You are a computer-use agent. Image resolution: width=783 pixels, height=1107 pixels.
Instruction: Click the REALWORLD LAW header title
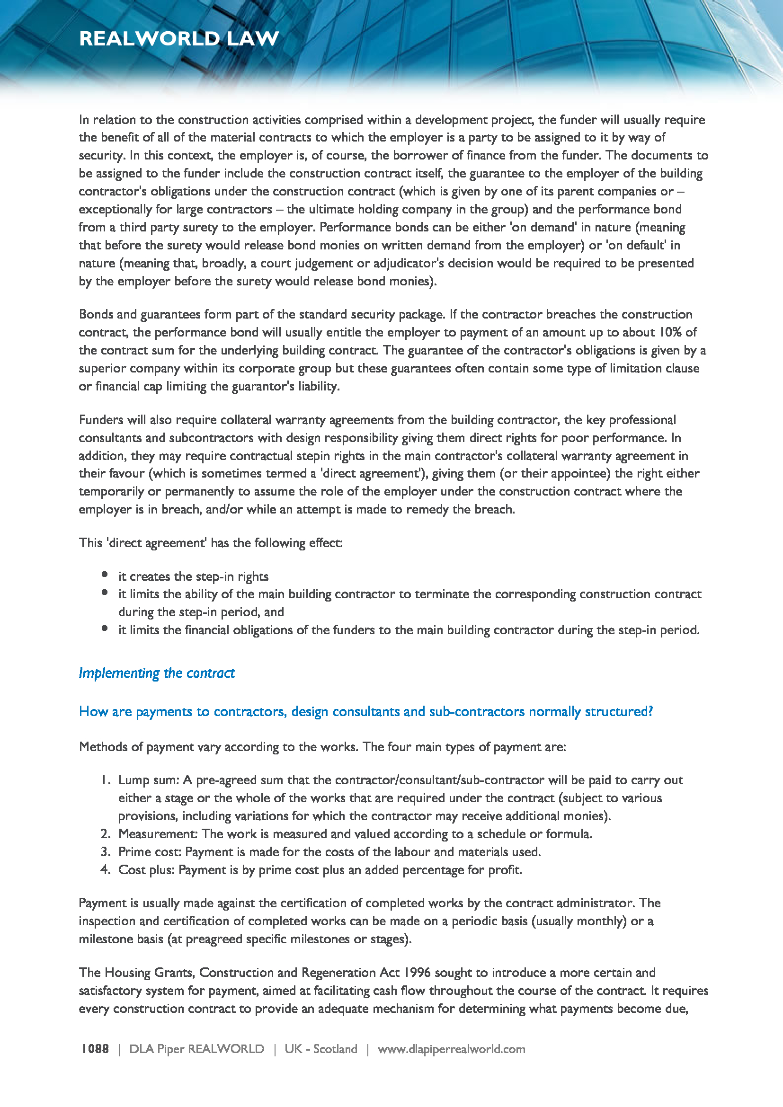click(x=179, y=38)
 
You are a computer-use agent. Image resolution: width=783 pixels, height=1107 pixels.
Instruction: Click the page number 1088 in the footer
click(x=95, y=1049)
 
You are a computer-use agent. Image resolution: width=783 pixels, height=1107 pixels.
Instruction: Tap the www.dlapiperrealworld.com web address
click(x=451, y=1049)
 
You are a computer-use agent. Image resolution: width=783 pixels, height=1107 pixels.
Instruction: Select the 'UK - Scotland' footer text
click(x=320, y=1049)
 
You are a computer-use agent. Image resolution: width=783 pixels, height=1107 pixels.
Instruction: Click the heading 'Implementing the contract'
click(x=157, y=673)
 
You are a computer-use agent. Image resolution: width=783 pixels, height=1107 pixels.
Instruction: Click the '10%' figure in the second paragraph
click(x=670, y=332)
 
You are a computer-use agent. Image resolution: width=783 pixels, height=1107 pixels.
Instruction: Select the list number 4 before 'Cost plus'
click(x=105, y=870)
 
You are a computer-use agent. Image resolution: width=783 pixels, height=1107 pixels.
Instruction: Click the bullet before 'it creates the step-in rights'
click(x=105, y=574)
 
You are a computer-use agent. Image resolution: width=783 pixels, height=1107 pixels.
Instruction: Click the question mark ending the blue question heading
click(x=650, y=712)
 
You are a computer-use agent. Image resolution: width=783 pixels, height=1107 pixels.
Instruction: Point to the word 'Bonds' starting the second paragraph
click(x=96, y=314)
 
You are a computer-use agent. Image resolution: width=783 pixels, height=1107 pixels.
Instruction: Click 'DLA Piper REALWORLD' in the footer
click(x=197, y=1049)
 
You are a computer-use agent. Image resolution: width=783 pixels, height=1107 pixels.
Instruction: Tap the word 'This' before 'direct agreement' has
click(x=90, y=543)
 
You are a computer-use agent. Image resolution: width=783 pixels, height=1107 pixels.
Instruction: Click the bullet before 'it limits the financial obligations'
click(x=105, y=628)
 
